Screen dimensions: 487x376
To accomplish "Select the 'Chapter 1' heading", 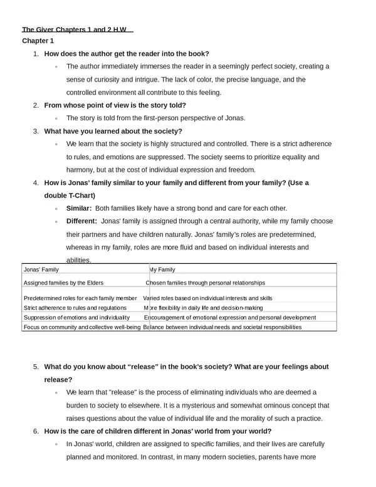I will [x=38, y=41].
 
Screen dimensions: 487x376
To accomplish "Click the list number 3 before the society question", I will [x=36, y=131].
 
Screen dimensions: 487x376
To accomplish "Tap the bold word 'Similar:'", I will [x=79, y=208].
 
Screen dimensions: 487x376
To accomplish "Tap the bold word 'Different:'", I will [x=81, y=221].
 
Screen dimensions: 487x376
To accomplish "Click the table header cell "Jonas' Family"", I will [x=41, y=270].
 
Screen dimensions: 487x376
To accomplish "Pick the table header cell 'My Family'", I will [x=162, y=270].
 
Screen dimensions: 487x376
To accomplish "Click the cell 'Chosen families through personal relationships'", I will [x=205, y=283].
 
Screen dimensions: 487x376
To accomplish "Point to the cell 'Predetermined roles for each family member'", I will [x=80, y=298].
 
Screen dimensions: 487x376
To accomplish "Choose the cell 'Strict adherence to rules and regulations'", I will [x=75, y=308].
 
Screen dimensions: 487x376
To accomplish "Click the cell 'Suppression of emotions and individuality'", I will [x=76, y=317].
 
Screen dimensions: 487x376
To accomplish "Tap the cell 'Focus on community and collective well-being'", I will [x=81, y=327].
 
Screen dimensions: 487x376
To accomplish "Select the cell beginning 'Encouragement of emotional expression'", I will [x=230, y=317].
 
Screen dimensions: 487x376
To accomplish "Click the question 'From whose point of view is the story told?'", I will [x=115, y=105].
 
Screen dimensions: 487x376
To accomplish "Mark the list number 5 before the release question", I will [x=36, y=367].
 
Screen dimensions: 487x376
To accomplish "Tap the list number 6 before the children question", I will [x=36, y=431].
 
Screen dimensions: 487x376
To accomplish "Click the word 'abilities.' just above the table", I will [x=79, y=260].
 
